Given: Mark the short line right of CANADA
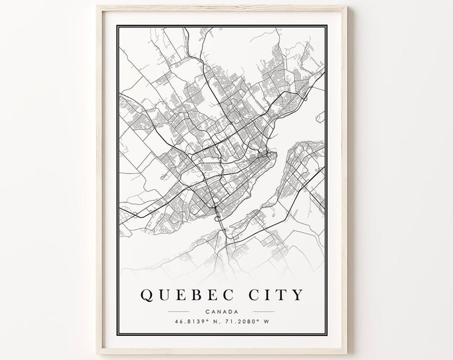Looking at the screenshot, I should coord(265,311).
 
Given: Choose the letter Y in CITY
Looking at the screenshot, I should coord(296,294).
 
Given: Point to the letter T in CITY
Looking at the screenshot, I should coord(279,294).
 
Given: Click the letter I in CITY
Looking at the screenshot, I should coord(264,294).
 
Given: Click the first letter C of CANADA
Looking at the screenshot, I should coord(208,310).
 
